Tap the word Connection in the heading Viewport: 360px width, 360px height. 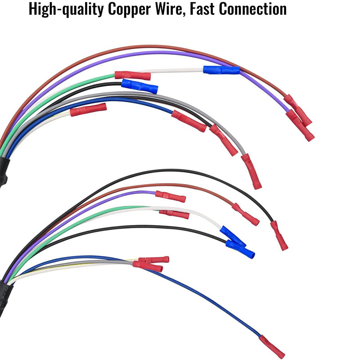coord(253,9)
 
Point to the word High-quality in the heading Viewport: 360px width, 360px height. coord(66,9)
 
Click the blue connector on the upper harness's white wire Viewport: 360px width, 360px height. coord(221,70)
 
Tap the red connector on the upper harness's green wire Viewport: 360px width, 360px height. coord(133,76)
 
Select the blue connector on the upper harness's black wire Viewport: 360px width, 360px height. coord(139,86)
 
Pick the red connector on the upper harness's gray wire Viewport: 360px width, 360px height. coord(251,171)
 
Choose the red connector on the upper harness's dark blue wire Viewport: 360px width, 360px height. coord(189,121)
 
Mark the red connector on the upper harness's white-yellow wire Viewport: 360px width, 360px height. coord(88,109)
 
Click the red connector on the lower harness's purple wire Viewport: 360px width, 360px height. coord(171,196)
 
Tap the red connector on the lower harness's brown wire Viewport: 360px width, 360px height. coord(245,214)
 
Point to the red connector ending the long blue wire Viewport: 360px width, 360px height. coord(272,346)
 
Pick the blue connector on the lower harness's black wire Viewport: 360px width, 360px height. coord(240,249)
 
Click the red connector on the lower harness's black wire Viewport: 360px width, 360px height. coord(279,235)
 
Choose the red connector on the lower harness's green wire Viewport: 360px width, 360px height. coord(174,215)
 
